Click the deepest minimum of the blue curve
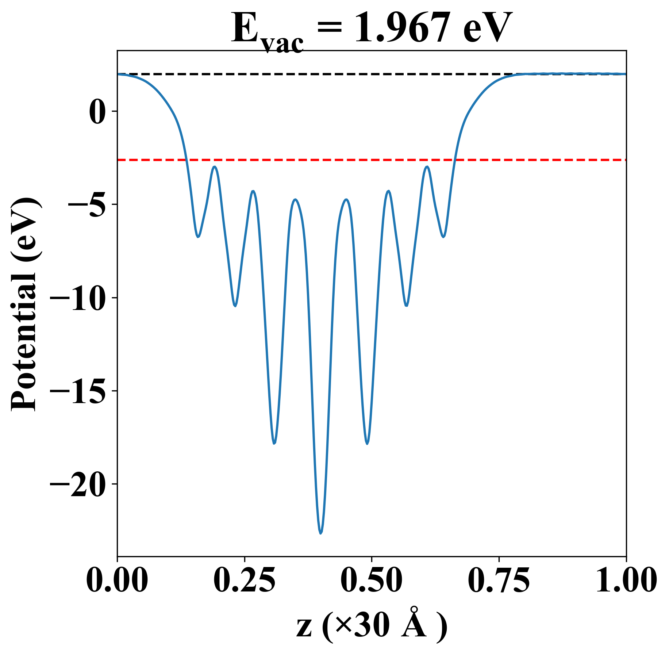320,533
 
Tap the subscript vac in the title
282,44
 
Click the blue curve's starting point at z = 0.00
118,74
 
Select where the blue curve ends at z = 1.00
626,74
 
